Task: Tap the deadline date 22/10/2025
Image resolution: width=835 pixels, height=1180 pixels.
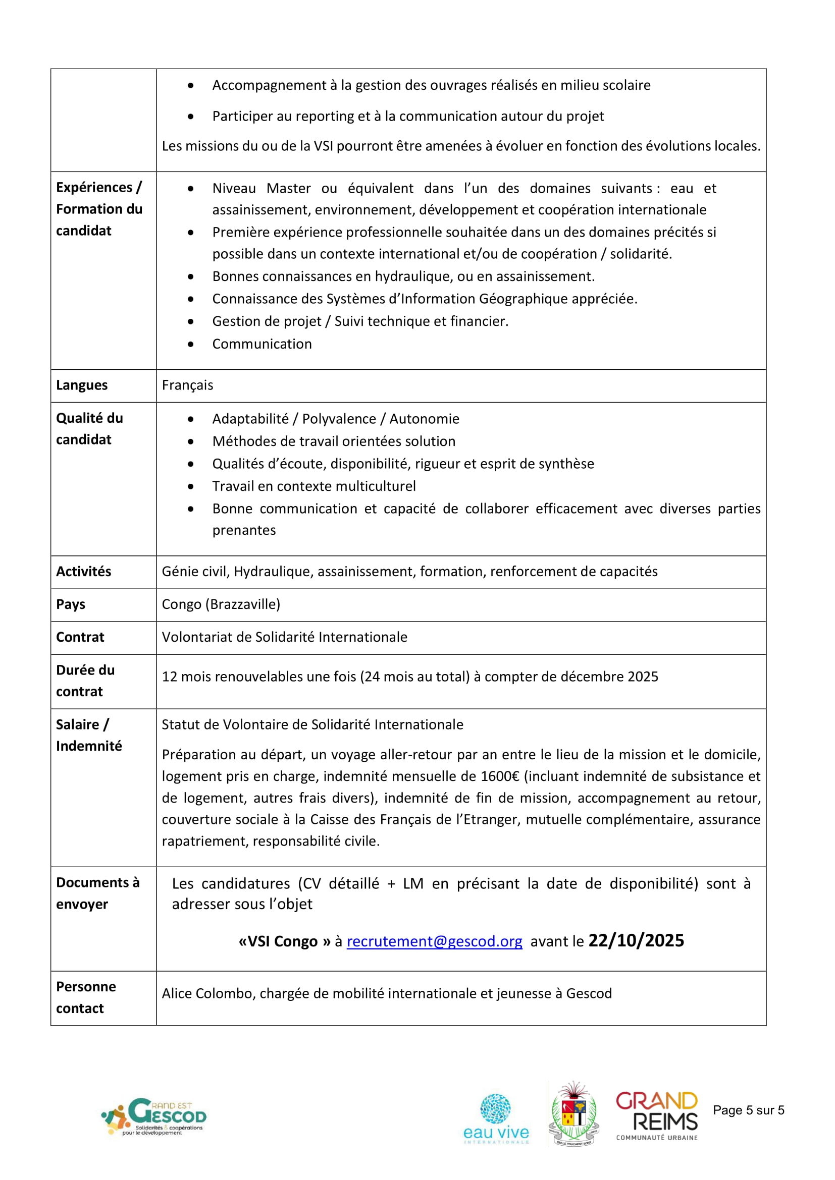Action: [636, 940]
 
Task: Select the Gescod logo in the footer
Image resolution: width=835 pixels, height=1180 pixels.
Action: [154, 1116]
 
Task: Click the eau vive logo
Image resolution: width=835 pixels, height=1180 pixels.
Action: [496, 1118]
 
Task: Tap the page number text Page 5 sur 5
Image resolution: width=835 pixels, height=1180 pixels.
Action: [748, 1110]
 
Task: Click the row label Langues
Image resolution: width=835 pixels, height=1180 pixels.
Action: [82, 385]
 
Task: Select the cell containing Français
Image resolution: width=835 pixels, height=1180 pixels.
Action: [187, 385]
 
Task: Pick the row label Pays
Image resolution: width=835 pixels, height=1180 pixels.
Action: [71, 604]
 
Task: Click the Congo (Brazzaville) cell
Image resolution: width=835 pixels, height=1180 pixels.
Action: [221, 604]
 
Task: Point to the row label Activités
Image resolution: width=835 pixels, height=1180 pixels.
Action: [83, 572]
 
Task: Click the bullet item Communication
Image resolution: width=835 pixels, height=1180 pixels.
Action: [262, 344]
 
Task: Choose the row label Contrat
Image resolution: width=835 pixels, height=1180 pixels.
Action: [80, 637]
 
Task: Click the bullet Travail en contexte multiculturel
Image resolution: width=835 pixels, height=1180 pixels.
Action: [314, 486]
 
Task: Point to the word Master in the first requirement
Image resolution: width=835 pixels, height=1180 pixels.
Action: [288, 189]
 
